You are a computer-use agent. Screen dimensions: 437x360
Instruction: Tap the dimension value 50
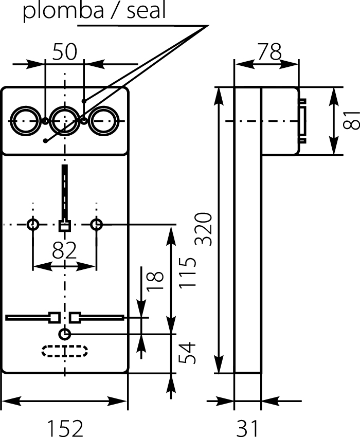pos(64,52)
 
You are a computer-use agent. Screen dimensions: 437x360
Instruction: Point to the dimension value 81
pos(352,121)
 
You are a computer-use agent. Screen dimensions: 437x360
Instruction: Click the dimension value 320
pos(204,229)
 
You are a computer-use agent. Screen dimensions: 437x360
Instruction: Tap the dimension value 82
pos(64,251)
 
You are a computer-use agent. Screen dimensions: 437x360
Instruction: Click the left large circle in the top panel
pos(25,121)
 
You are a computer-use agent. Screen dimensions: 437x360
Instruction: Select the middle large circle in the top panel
pos(64,121)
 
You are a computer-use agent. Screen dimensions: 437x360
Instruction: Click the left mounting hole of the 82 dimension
pos(33,225)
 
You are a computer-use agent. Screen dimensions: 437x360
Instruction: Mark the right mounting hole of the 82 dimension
pos(96,225)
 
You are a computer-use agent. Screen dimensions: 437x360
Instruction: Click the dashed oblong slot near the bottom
pos(64,351)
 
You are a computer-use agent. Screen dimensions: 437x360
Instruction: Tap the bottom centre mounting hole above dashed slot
pos(64,334)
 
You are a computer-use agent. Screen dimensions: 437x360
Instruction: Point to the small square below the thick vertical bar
pos(64,225)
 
